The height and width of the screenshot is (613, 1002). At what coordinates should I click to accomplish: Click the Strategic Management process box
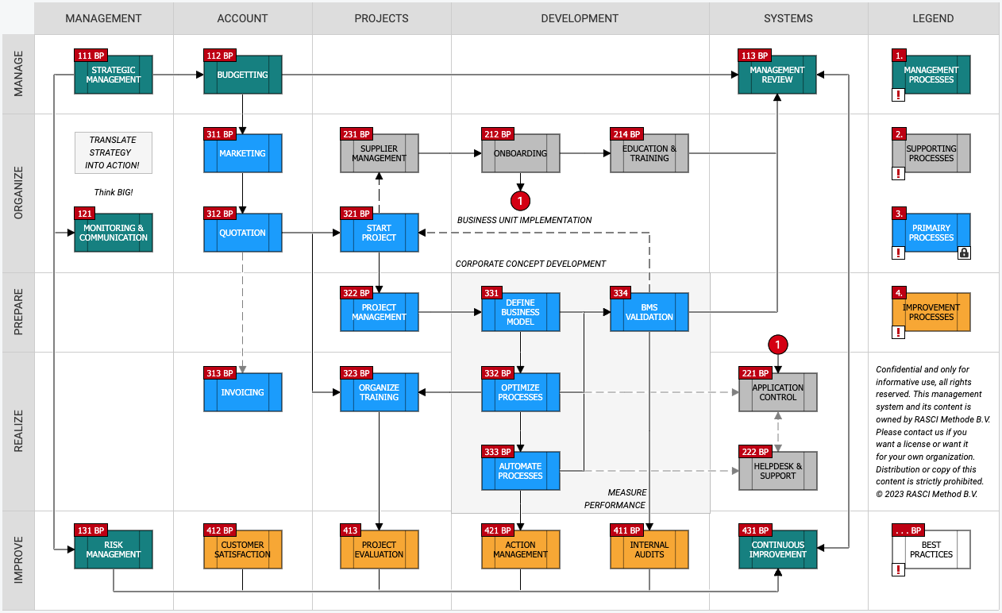(114, 75)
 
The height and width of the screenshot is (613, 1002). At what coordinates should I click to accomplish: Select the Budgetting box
(242, 75)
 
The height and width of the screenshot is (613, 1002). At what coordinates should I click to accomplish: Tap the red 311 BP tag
(220, 133)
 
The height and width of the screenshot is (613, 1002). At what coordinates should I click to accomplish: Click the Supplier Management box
(380, 153)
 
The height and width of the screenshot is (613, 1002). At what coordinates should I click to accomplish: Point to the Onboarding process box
(520, 153)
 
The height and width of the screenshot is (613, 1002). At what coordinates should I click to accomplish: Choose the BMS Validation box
(649, 312)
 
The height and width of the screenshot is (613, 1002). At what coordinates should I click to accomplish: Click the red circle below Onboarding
(520, 201)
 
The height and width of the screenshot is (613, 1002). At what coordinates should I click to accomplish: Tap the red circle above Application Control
(778, 345)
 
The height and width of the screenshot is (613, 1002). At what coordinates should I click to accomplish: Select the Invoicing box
(242, 392)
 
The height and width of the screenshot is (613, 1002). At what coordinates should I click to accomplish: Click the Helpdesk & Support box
(778, 471)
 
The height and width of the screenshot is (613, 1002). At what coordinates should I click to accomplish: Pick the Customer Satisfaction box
(242, 549)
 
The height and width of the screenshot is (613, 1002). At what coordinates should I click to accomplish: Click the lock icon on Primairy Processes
(964, 253)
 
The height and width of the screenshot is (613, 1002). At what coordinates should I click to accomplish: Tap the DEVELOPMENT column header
(580, 18)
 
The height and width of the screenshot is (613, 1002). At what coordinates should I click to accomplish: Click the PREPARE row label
(18, 312)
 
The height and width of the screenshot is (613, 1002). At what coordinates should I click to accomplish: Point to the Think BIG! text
(114, 192)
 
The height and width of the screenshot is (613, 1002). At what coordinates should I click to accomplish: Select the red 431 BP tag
(755, 530)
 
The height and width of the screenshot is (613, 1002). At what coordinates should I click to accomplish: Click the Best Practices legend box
(931, 549)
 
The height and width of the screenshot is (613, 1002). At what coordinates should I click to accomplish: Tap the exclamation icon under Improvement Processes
(898, 333)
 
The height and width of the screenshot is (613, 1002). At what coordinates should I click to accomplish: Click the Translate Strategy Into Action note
(114, 152)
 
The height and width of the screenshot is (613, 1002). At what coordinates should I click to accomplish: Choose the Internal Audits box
(649, 549)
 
